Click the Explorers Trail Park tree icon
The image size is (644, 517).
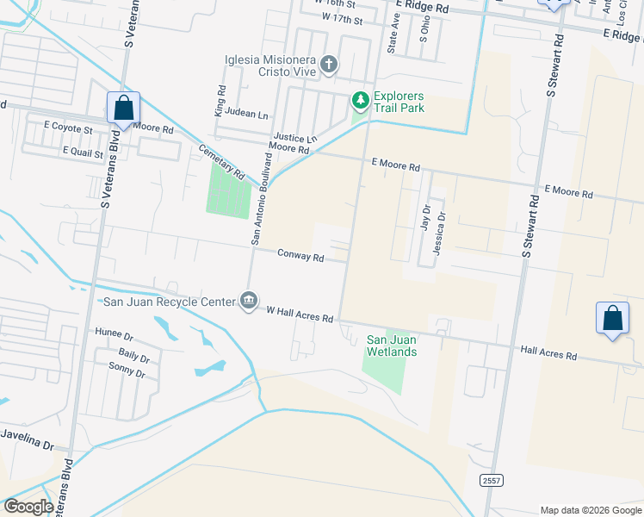(x=360, y=102)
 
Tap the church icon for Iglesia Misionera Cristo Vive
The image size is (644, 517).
(x=328, y=64)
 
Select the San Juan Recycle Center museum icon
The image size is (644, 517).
(x=248, y=301)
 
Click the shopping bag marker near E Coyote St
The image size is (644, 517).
(x=123, y=109)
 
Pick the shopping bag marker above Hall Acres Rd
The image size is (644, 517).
(x=612, y=318)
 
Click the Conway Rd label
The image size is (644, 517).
(x=300, y=256)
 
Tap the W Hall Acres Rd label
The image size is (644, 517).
(x=300, y=314)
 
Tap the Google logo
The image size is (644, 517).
(x=28, y=507)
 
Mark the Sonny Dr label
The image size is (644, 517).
(x=127, y=371)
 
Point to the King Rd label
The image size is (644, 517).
(x=220, y=101)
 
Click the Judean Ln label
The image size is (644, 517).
(x=247, y=115)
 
